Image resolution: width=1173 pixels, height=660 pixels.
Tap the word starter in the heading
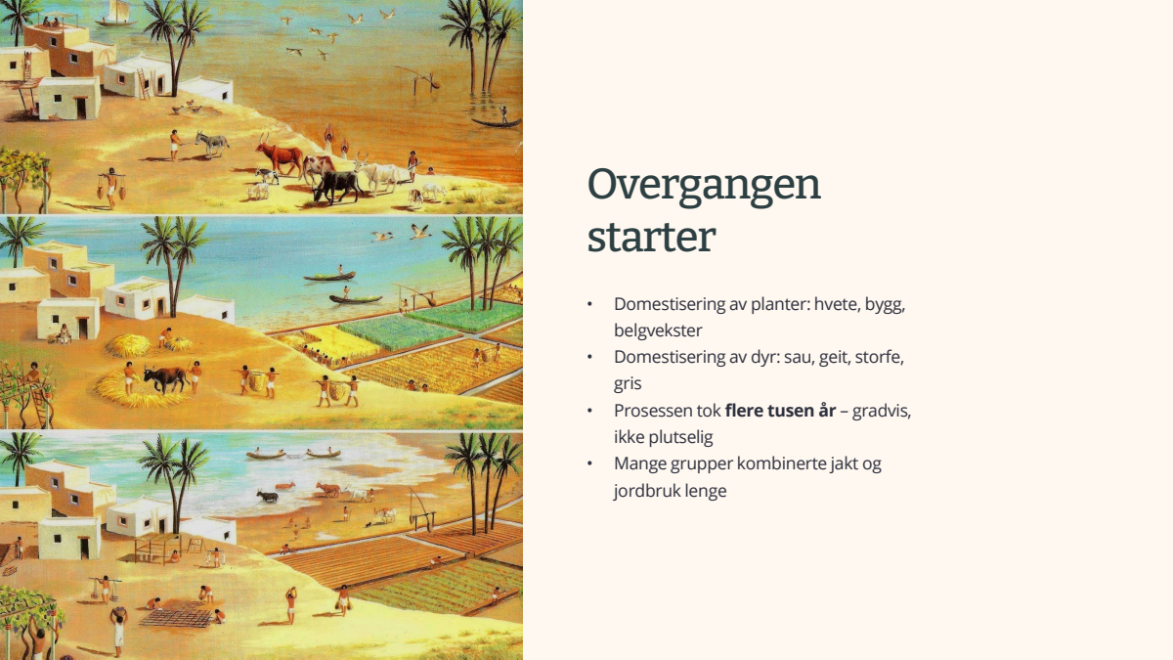click(651, 238)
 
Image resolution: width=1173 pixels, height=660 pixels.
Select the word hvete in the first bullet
click(838, 304)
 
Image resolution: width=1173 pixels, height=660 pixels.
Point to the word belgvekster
click(658, 330)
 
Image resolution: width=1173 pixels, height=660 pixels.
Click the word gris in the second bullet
click(628, 384)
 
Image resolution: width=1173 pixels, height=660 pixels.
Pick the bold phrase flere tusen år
click(780, 410)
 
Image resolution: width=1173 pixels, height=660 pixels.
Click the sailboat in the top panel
click(116, 14)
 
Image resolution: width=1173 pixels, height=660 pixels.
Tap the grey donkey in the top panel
click(211, 143)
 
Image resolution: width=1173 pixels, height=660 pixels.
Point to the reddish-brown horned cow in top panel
click(280, 154)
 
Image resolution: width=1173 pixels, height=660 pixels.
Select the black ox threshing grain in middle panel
click(165, 378)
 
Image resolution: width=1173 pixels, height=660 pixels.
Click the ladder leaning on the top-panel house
click(144, 84)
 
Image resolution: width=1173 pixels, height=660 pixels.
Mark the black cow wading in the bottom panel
click(267, 496)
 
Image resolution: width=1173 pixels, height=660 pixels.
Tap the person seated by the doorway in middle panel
click(64, 333)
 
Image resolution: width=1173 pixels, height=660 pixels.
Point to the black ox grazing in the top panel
click(336, 186)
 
